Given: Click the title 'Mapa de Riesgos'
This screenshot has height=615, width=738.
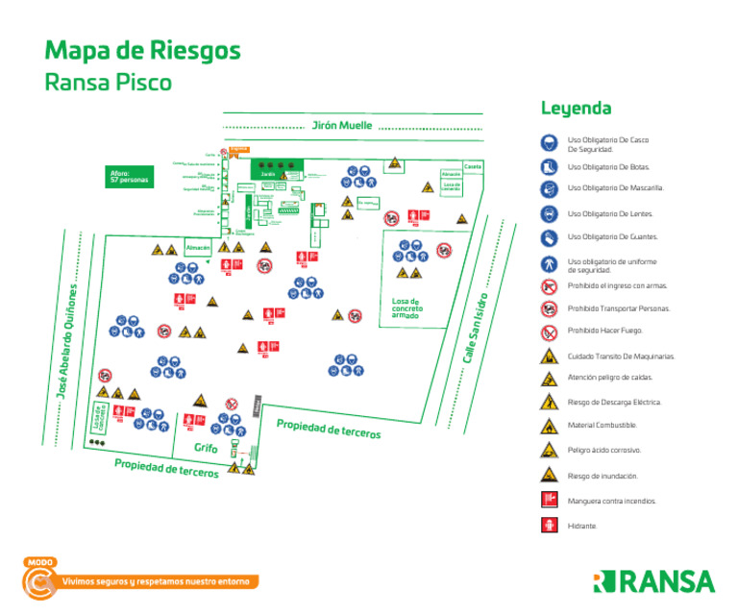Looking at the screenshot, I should [x=142, y=50].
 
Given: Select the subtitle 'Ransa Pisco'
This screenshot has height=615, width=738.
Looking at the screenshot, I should [x=108, y=83].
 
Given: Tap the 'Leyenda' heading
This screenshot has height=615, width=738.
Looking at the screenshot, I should [x=576, y=108].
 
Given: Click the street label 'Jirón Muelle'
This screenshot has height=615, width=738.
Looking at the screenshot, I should [x=341, y=126].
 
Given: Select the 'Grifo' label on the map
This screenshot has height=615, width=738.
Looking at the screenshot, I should [x=206, y=449].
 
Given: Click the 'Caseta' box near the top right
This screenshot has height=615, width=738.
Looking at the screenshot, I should [x=472, y=166].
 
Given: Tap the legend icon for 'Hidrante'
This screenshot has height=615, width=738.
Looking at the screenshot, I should [x=548, y=526].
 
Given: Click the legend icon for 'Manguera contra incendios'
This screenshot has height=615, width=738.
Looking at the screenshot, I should [x=548, y=500].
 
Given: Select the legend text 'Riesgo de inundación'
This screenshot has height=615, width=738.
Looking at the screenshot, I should [x=603, y=476].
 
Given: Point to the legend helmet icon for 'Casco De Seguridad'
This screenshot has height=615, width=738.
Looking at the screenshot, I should [x=548, y=142].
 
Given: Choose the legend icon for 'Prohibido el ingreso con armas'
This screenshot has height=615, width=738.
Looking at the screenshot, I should [x=548, y=285].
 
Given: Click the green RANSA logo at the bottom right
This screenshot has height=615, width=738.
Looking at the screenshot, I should [x=653, y=581].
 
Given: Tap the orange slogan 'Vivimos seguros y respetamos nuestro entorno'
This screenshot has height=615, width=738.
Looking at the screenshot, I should [x=154, y=581].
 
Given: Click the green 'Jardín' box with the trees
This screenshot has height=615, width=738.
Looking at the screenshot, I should [x=269, y=170].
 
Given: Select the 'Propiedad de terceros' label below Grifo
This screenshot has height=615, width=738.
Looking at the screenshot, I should [x=165, y=468].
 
